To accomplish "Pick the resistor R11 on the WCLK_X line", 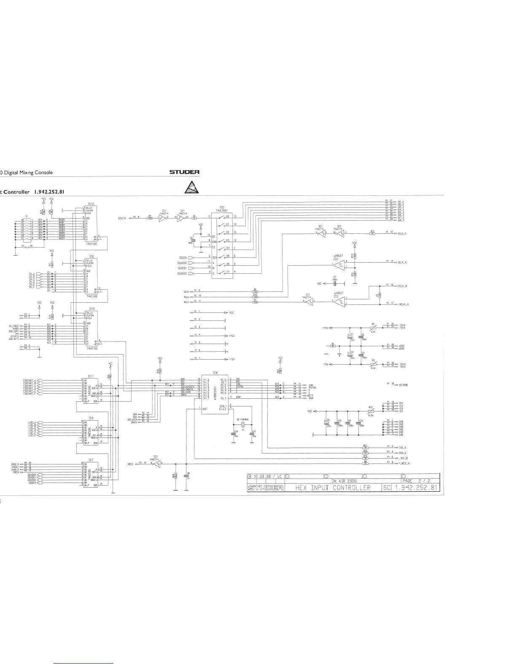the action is (372, 233).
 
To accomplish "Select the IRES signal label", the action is (130, 464).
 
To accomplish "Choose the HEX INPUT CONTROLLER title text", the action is (333, 488).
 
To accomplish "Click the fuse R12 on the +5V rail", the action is (371, 411).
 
